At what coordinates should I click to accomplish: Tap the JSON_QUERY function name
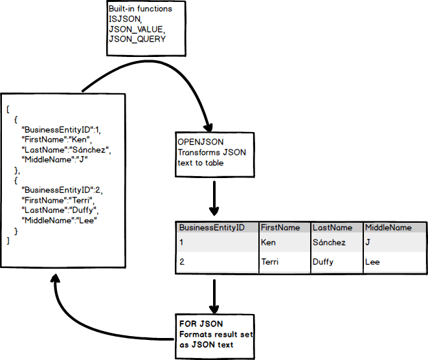(137, 39)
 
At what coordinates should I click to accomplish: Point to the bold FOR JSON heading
(198, 324)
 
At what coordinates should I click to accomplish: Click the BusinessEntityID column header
(212, 228)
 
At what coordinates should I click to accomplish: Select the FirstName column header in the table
(280, 228)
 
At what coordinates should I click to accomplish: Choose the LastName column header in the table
(332, 228)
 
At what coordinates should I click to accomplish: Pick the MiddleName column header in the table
(389, 228)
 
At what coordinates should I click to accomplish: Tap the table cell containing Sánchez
(329, 243)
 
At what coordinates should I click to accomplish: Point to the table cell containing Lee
(372, 262)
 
